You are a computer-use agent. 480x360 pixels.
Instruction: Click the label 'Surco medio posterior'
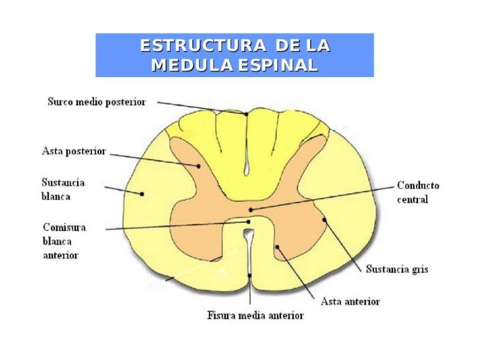click(x=97, y=102)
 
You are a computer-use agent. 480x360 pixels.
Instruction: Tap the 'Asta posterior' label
click(x=74, y=151)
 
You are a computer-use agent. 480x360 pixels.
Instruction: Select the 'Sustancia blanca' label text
click(x=63, y=189)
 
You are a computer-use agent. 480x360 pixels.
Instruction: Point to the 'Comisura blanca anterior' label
click(x=65, y=241)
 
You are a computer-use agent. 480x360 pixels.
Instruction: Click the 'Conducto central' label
click(x=418, y=193)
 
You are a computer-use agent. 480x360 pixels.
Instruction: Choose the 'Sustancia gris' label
click(x=397, y=269)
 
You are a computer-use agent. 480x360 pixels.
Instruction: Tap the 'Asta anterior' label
click(x=350, y=301)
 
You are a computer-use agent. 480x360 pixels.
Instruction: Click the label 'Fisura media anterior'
click(x=255, y=315)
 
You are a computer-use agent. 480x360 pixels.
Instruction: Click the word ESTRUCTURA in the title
click(x=203, y=45)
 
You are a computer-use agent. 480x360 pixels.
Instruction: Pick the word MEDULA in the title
click(x=193, y=65)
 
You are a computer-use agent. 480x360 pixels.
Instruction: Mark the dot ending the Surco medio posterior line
click(x=246, y=114)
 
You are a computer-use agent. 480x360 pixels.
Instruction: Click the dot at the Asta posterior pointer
click(x=198, y=166)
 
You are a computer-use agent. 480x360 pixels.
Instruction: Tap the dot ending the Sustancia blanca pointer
click(x=142, y=194)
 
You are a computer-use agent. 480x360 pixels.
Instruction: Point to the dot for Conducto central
click(x=251, y=210)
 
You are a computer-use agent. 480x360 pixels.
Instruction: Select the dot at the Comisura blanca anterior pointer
click(x=249, y=222)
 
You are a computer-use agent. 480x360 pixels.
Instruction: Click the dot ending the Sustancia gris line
click(x=324, y=220)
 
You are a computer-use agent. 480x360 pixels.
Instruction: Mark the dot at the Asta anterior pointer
click(x=277, y=247)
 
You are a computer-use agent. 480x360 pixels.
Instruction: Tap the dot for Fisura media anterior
click(x=250, y=276)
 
